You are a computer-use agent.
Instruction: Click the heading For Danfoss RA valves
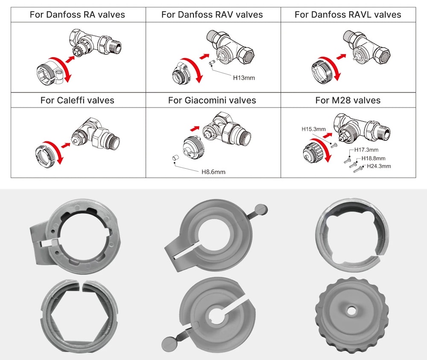[x=77, y=15]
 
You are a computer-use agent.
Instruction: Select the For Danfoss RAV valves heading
[x=212, y=15]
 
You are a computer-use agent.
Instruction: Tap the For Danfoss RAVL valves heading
[x=348, y=15]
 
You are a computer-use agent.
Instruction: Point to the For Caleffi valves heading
[x=77, y=100]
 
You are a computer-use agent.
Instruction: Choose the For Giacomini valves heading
[x=212, y=100]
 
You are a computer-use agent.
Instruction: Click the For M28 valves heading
[x=348, y=100]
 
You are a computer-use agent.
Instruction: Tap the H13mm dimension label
[x=244, y=78]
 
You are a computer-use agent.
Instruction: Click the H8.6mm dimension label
[x=213, y=172]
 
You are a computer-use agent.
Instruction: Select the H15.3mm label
[x=313, y=129]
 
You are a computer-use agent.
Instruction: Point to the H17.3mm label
[x=366, y=150]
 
